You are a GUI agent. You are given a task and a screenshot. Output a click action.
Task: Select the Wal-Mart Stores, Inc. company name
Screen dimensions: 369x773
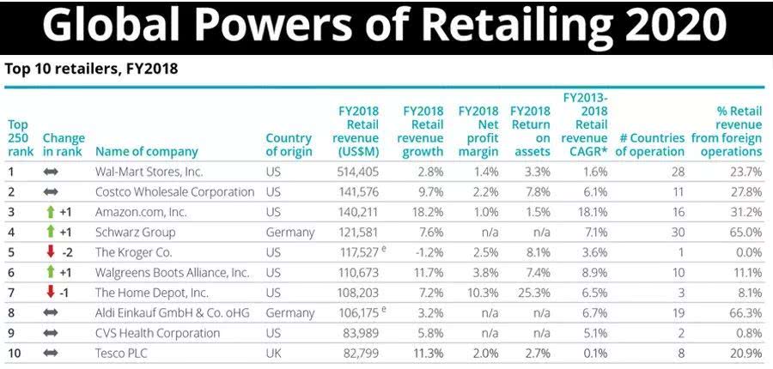(149, 172)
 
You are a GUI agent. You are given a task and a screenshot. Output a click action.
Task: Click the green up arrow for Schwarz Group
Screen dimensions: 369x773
(51, 233)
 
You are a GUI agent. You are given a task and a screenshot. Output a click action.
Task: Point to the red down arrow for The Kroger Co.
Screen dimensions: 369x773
(51, 252)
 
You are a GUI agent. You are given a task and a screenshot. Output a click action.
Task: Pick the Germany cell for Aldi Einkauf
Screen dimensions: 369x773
(289, 313)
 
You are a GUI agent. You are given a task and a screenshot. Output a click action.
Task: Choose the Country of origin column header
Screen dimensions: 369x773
(288, 145)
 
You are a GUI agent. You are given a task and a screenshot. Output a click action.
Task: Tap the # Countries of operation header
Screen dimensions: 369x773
(650, 145)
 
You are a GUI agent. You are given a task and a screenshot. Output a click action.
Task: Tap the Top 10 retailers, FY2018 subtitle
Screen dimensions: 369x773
(91, 69)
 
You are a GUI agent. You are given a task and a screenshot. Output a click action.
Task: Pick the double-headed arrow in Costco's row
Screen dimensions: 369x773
(51, 192)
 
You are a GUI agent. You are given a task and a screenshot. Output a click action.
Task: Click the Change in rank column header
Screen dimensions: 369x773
(64, 145)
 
